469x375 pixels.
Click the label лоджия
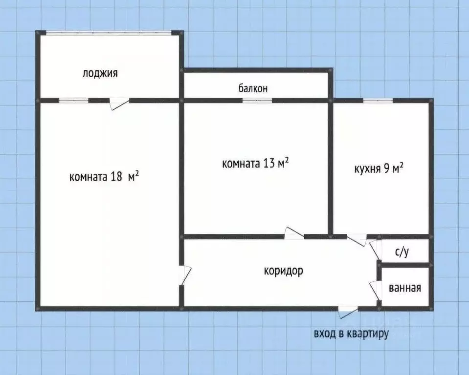(100, 74)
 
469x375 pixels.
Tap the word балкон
(253, 88)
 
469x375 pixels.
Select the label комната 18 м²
(105, 176)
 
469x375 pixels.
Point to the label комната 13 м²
(255, 163)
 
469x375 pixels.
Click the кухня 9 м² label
(379, 169)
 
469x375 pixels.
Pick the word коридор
(283, 270)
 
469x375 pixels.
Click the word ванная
(405, 288)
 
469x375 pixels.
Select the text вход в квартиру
(351, 334)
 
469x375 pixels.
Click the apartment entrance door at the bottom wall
(348, 310)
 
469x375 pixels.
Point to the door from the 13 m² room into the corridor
(294, 234)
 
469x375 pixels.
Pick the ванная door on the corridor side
(376, 290)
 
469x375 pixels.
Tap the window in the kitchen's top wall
(378, 101)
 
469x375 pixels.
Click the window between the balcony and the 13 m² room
(257, 101)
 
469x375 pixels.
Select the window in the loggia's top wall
(109, 33)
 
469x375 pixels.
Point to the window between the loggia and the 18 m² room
(73, 101)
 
